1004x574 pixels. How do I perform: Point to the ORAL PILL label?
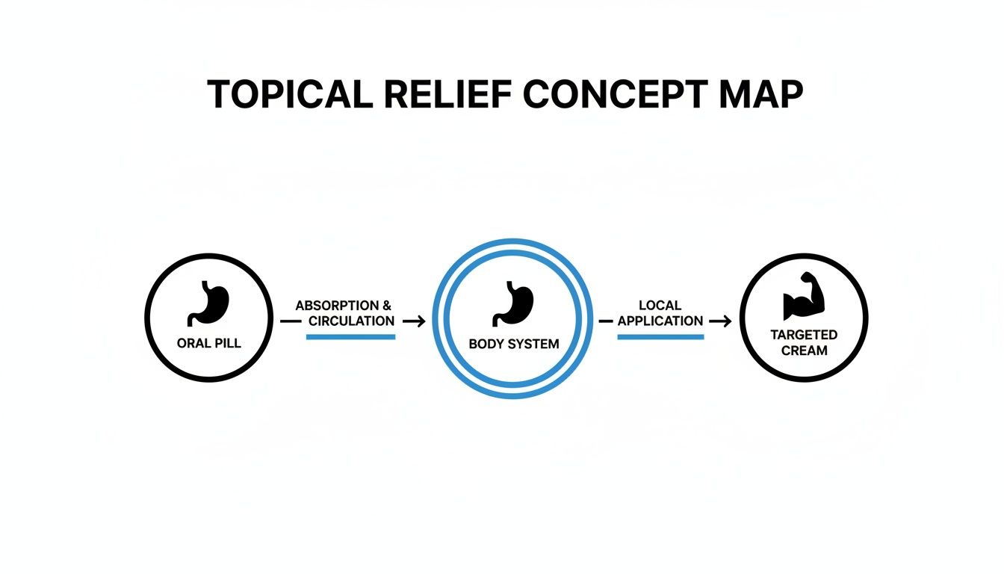209,345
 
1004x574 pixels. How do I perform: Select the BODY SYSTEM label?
513,345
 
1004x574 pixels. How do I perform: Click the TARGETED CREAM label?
804,342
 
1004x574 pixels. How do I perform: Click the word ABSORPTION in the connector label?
337,306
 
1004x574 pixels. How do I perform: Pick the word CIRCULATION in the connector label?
351,321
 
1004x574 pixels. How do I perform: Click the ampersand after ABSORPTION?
386,306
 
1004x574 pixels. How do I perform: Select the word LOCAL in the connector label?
660,306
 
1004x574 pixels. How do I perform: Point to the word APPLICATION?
660,321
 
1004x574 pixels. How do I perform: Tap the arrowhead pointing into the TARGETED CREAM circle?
727,321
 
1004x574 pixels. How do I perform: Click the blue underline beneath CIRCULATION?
350,337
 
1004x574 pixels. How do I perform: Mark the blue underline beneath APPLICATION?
660,337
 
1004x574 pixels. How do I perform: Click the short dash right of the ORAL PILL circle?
290,321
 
